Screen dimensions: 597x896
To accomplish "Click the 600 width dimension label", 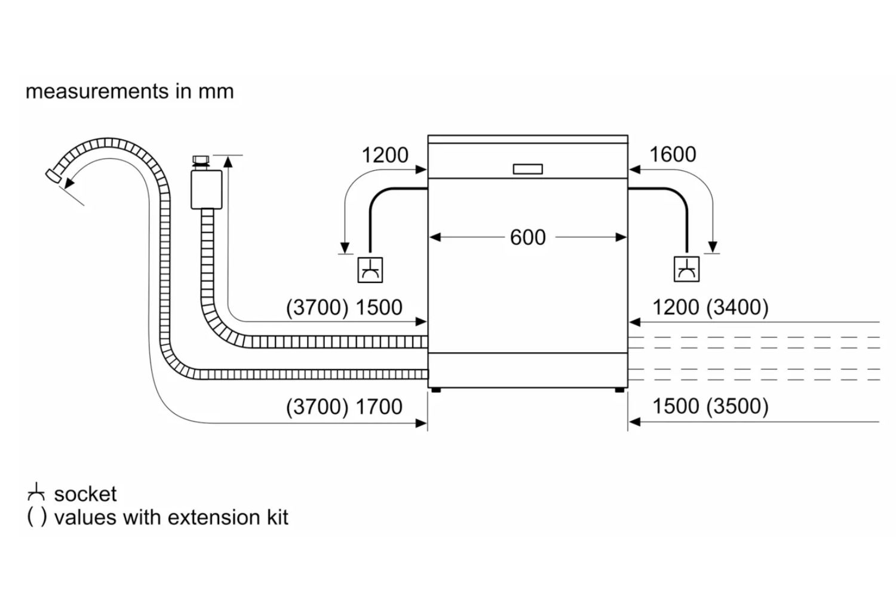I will point(527,238).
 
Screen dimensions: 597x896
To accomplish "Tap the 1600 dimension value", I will point(672,155).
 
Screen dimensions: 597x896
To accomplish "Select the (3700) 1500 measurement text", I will point(344,307).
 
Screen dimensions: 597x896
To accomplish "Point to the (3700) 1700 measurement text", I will point(344,407).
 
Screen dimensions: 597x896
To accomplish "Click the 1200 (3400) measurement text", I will point(710,307).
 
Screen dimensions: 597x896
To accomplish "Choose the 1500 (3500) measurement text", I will point(710,407).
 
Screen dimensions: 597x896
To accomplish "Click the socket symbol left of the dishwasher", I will point(370,270).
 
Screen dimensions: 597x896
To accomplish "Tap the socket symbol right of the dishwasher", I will point(686,269).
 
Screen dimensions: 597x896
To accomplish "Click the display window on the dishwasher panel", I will point(527,169).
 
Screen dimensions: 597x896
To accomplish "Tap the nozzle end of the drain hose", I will point(54,176).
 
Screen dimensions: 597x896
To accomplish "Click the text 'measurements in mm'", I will point(130,91).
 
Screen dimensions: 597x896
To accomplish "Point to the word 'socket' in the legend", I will point(85,494).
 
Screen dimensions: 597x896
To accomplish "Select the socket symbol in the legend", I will point(36,493).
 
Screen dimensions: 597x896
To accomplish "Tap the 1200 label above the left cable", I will point(385,155).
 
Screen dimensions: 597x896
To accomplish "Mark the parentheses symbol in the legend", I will point(36,517).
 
